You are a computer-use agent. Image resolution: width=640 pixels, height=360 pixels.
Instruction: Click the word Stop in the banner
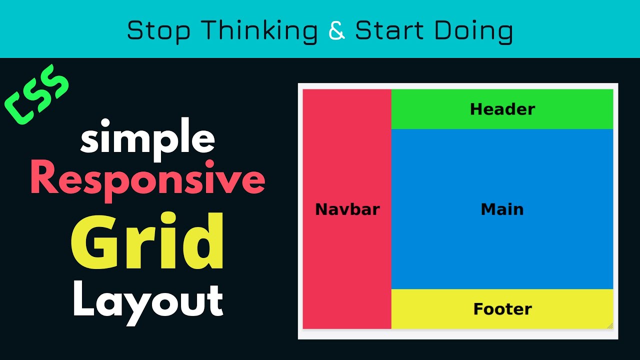[x=158, y=31]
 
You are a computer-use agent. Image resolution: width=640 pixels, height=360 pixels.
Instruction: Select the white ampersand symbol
[x=337, y=31]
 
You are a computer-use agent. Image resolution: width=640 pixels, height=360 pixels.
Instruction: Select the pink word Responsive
[x=147, y=180]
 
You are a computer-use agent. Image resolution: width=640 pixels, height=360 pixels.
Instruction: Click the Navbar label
[x=347, y=209]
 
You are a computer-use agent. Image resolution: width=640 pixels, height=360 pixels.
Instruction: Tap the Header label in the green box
[x=502, y=109]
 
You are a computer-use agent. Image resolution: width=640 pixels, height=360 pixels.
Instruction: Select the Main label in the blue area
[x=502, y=209]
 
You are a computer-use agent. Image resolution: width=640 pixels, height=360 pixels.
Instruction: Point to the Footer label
[x=502, y=309]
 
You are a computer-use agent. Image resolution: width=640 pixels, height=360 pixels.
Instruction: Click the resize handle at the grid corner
[x=610, y=326]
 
